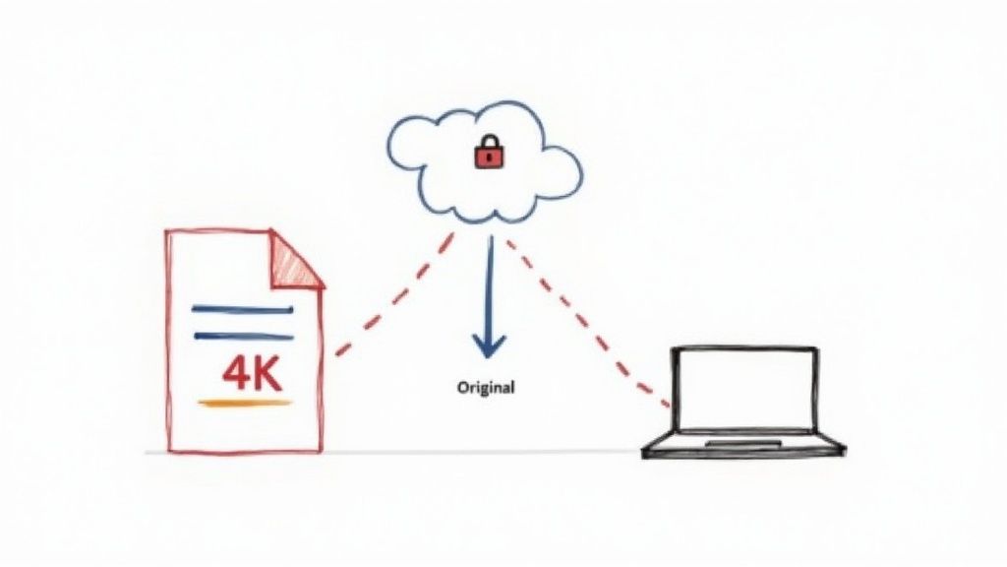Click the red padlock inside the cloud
[x=486, y=154]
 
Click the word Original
[x=486, y=388]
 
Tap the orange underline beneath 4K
[x=245, y=403]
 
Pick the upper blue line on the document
[x=242, y=310]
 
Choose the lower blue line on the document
[x=242, y=336]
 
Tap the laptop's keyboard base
[x=743, y=448]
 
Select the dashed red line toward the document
[x=393, y=295]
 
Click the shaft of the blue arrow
[x=487, y=285]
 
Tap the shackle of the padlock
[x=486, y=144]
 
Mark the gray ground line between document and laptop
[x=482, y=452]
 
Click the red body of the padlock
[x=486, y=158]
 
